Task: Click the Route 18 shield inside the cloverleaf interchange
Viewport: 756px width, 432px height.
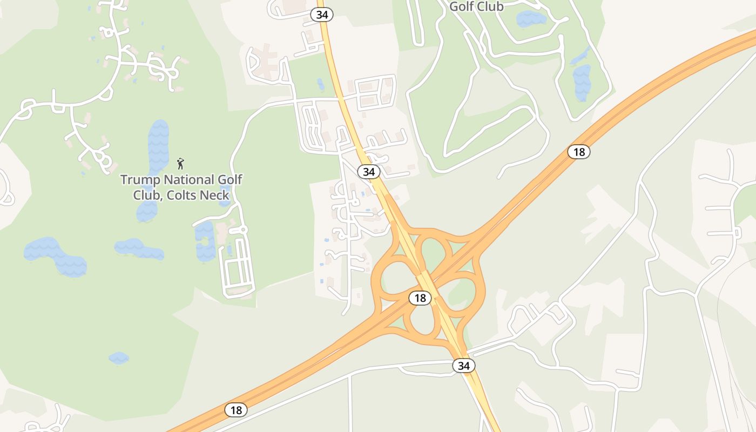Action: [420, 298]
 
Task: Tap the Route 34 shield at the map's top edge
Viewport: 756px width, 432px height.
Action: [322, 15]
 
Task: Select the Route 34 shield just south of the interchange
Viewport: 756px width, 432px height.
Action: [463, 366]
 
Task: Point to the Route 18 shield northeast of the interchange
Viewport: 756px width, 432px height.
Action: [579, 152]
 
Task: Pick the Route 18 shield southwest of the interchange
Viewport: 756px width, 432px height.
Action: [236, 410]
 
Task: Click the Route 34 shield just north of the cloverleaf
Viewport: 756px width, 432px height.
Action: [368, 172]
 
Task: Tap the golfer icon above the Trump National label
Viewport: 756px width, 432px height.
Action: [180, 163]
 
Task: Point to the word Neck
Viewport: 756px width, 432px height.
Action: [216, 195]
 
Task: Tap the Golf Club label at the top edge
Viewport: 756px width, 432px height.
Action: [476, 6]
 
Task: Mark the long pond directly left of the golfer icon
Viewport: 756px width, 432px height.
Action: [158, 146]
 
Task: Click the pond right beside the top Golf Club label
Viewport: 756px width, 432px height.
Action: [531, 19]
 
